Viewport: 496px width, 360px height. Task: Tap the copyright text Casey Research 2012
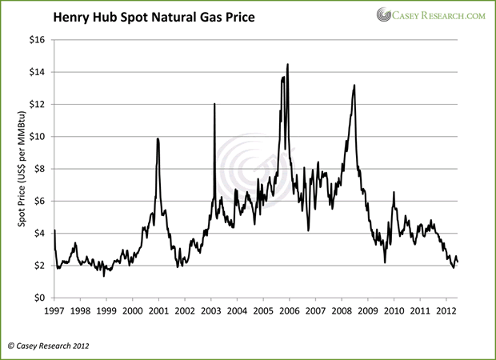point(50,346)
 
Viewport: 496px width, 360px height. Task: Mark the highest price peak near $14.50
point(287,65)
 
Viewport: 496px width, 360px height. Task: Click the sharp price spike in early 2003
point(214,104)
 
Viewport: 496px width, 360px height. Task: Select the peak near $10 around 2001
point(158,139)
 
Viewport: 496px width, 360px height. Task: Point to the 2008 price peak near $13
point(354,86)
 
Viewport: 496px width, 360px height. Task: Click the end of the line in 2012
point(457,262)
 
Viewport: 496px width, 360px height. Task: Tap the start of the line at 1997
point(54,230)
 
